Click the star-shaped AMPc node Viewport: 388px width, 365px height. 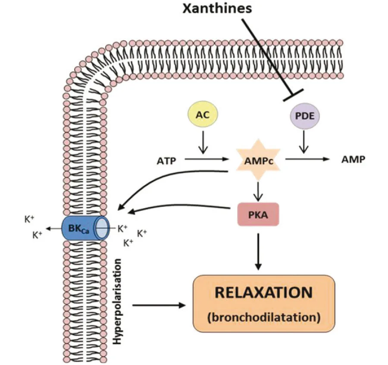coord(257,160)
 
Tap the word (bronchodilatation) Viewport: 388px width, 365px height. coord(263,318)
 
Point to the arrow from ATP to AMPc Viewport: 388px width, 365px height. coord(207,159)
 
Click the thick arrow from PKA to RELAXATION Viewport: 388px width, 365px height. coord(258,251)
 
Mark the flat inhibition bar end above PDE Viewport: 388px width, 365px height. coord(293,95)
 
